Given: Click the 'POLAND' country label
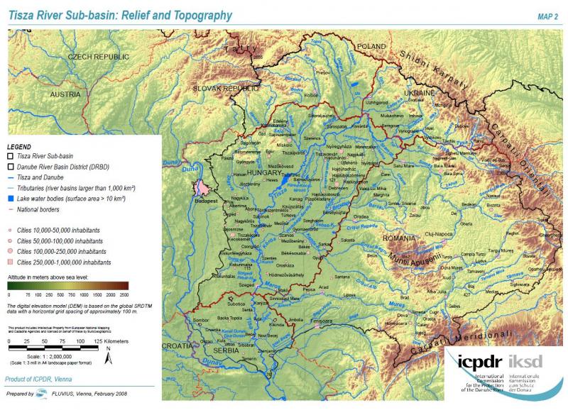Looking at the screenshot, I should (370, 45).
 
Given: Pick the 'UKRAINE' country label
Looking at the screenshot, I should (418, 93).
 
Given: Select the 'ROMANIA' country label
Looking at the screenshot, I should (400, 238).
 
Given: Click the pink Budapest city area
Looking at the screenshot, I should (204, 188).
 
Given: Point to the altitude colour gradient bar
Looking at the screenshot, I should (68, 286).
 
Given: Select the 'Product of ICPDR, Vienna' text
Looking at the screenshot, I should (40, 380).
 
